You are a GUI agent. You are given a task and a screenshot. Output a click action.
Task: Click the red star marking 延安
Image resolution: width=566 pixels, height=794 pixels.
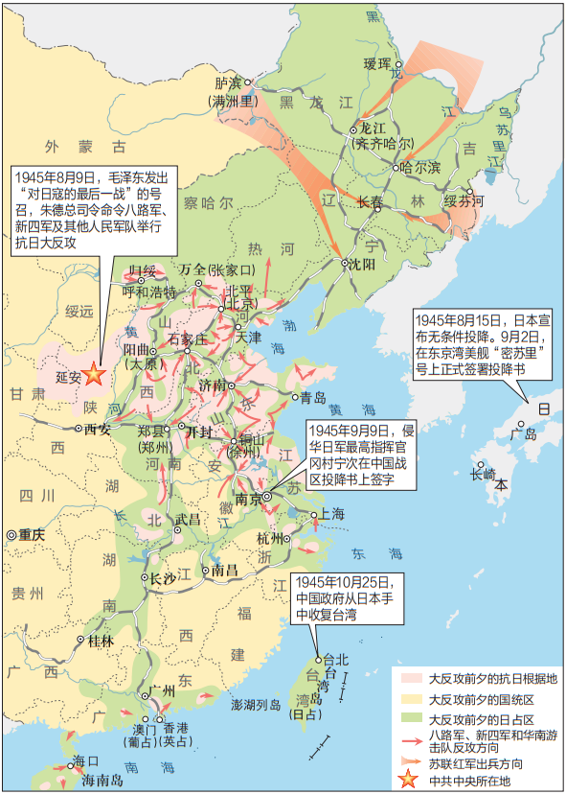[93, 375]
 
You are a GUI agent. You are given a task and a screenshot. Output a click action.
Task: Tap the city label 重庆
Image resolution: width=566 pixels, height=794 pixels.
[32, 535]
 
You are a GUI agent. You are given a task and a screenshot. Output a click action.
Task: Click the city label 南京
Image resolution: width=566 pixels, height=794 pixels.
[248, 499]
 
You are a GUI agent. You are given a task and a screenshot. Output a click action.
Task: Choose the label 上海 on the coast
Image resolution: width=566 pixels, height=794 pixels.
[332, 515]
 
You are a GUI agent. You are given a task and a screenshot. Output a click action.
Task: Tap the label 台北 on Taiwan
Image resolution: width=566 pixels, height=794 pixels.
[336, 659]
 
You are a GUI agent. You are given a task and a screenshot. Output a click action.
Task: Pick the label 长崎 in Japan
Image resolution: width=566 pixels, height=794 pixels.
[484, 472]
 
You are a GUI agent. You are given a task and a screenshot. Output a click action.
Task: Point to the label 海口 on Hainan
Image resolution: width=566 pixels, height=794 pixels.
[85, 762]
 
